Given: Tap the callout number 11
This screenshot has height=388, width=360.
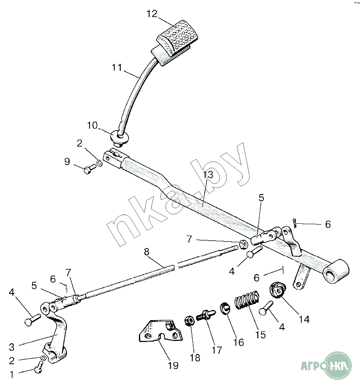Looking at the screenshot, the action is click(117, 67).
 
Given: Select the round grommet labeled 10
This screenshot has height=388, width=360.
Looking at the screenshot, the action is click(120, 136).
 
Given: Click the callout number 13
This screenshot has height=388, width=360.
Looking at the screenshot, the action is click(209, 174).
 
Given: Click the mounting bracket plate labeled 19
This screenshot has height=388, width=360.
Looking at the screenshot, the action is click(158, 333).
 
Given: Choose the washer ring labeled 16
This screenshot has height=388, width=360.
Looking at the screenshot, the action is click(225, 308).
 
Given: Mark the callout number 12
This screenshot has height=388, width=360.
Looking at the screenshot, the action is click(152, 14).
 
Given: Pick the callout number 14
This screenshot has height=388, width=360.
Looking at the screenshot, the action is click(305, 319).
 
